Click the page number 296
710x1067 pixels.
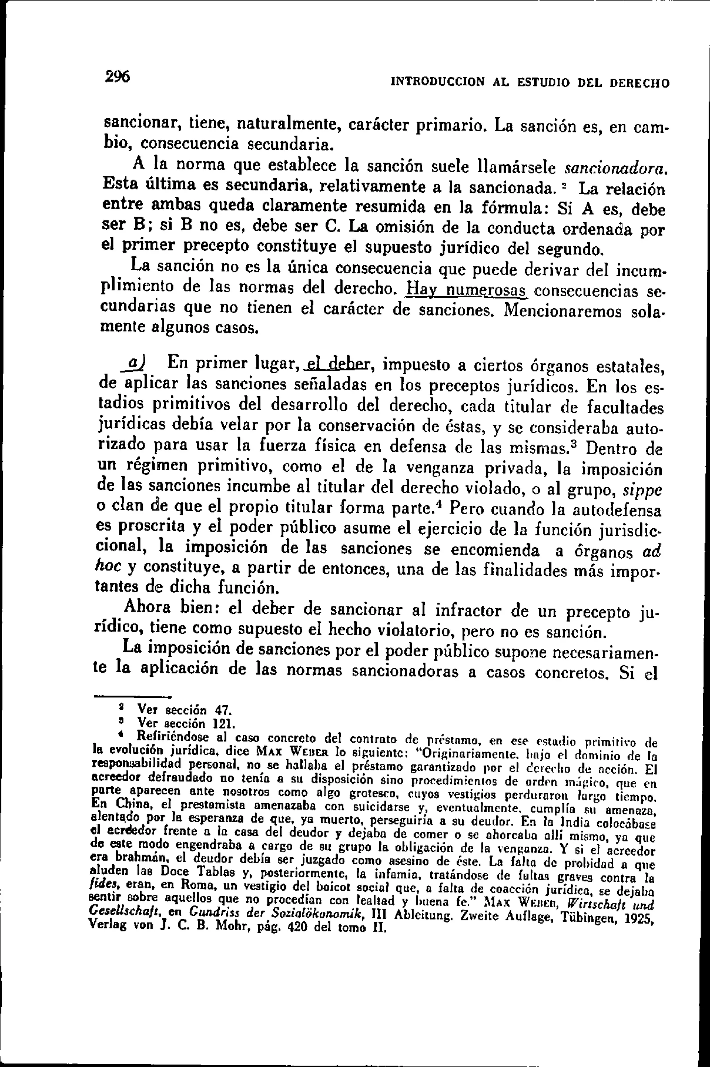point(117,76)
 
